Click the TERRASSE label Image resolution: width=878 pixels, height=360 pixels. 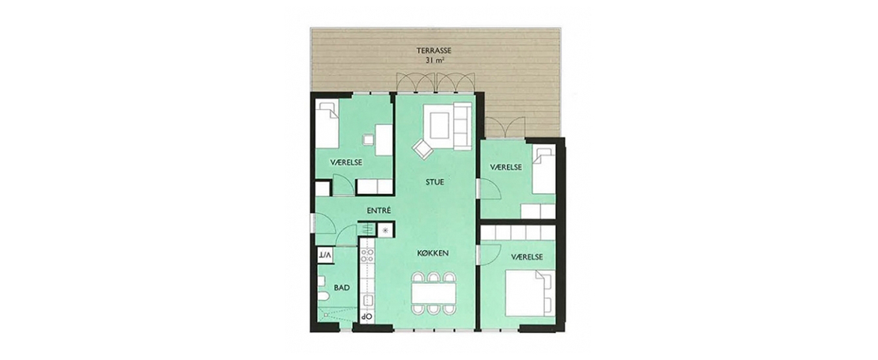coord(434,51)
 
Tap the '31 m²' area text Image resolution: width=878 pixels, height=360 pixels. coord(434,60)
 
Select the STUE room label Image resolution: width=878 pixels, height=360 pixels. coord(434,182)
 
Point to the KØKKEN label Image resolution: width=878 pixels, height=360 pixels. coord(433,253)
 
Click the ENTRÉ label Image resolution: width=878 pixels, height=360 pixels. coord(379,210)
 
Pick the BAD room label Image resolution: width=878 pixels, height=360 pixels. coord(342,288)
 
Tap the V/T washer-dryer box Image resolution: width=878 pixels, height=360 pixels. coord(325,255)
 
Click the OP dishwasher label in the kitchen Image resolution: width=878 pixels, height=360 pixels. coord(366,316)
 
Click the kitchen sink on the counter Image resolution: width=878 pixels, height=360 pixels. coord(367,301)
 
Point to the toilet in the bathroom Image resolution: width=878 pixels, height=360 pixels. coord(323,296)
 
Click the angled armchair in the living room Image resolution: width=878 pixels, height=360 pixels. coord(422,149)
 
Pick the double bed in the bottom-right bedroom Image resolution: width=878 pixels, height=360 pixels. coord(529,293)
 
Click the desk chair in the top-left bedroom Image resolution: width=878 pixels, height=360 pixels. coord(367,138)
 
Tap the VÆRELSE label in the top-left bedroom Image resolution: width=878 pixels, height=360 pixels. coord(346,162)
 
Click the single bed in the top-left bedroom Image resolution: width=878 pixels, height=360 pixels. coord(327,124)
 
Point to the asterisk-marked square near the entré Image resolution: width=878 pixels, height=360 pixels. coord(386,229)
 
